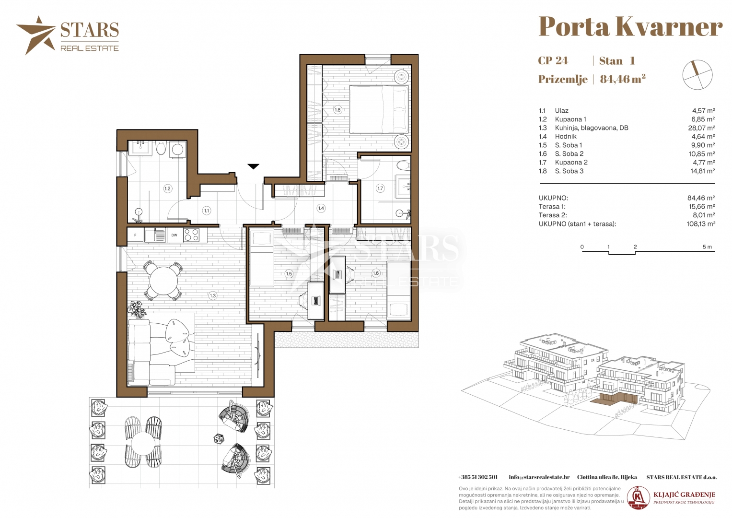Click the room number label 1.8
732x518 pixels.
(337, 110)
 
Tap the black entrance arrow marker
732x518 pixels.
(253, 166)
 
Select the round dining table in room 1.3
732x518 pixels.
(163, 281)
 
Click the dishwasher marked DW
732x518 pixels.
(174, 235)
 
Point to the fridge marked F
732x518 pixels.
(136, 235)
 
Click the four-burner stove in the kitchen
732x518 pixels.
(191, 235)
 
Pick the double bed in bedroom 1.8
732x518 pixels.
(379, 109)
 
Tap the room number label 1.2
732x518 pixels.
(167, 188)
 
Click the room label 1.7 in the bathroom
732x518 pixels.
(380, 188)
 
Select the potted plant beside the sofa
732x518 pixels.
(138, 309)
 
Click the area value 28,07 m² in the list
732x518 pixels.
(701, 128)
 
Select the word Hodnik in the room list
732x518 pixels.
(566, 136)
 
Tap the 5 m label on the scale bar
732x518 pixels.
(707, 247)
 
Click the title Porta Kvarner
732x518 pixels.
(630, 27)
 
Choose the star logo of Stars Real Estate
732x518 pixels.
(36, 35)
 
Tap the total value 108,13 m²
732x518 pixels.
(701, 224)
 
